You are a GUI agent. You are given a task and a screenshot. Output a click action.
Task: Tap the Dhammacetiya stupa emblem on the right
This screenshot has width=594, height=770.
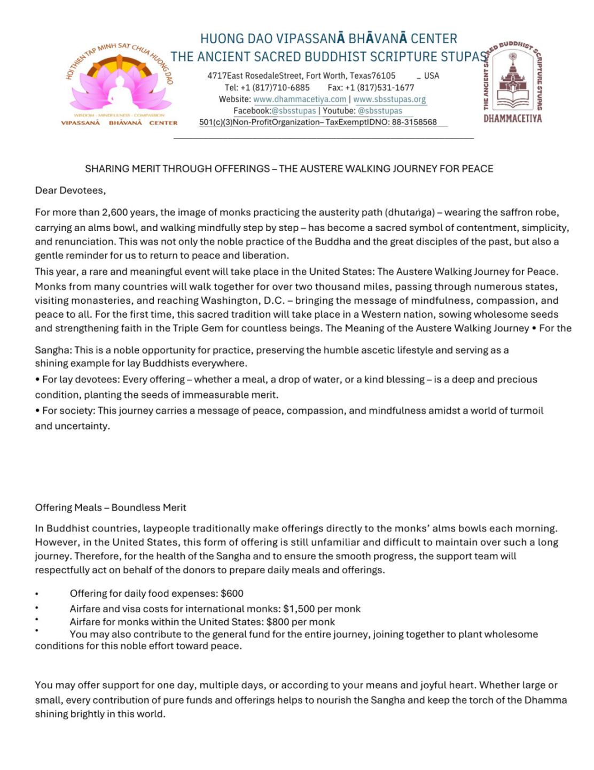tap(512, 80)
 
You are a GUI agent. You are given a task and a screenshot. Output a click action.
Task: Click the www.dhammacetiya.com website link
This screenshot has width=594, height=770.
tap(300, 99)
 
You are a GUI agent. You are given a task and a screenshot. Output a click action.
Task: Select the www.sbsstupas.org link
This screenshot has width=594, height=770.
tap(389, 99)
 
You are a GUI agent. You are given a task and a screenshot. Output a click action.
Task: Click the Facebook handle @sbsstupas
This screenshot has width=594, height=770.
tap(294, 111)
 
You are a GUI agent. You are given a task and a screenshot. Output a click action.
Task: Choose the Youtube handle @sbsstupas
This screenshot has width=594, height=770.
tap(380, 111)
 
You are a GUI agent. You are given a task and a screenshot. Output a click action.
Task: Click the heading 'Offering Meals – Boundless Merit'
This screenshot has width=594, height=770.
tap(111, 507)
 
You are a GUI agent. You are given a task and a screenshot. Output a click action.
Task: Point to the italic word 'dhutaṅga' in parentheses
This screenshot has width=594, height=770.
tap(410, 212)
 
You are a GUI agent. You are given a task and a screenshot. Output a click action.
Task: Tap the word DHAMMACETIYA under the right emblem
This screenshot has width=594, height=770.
tap(512, 118)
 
